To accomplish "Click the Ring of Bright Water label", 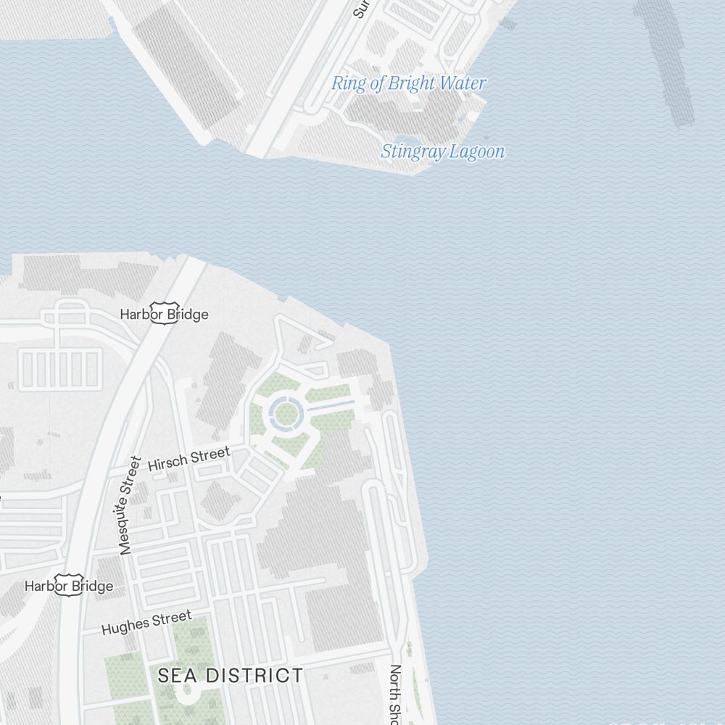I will [408, 83].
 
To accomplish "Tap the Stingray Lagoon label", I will [442, 152].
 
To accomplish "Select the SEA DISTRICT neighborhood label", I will [231, 676].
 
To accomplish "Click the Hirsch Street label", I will [188, 460].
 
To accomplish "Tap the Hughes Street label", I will [146, 623].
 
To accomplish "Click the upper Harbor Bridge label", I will [164, 315].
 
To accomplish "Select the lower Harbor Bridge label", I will [69, 586].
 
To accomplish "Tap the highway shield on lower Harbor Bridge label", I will [67, 586].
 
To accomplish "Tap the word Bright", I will [411, 83].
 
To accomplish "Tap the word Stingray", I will [410, 152].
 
